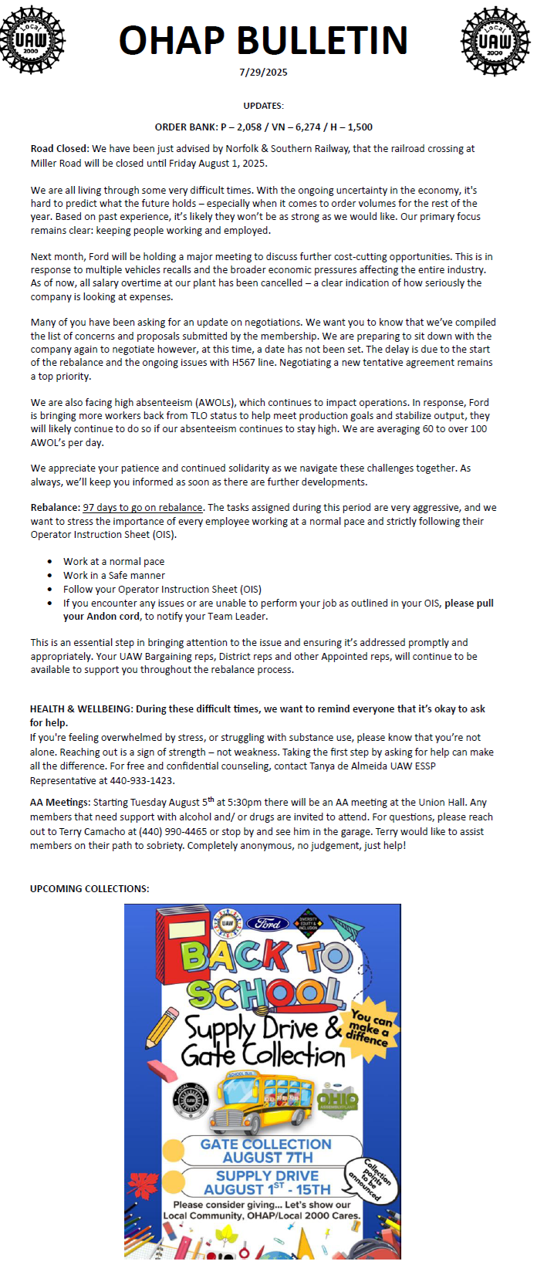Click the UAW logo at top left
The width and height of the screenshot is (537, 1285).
[x=32, y=40]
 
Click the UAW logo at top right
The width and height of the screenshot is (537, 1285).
[x=495, y=40]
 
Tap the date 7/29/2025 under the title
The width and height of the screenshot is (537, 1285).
[x=263, y=73]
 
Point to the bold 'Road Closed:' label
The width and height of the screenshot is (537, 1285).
[x=59, y=149]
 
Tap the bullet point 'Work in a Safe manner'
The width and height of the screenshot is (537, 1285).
[x=114, y=575]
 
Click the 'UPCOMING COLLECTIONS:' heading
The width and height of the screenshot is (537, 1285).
[x=89, y=889]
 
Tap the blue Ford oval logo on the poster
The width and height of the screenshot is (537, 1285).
[x=268, y=923]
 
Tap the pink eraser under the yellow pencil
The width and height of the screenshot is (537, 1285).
[x=162, y=1070]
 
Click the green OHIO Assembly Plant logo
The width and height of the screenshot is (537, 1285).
[x=338, y=1099]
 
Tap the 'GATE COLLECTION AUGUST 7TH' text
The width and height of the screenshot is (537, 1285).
[x=266, y=1151]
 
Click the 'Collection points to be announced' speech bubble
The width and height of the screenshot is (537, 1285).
[x=373, y=1179]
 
